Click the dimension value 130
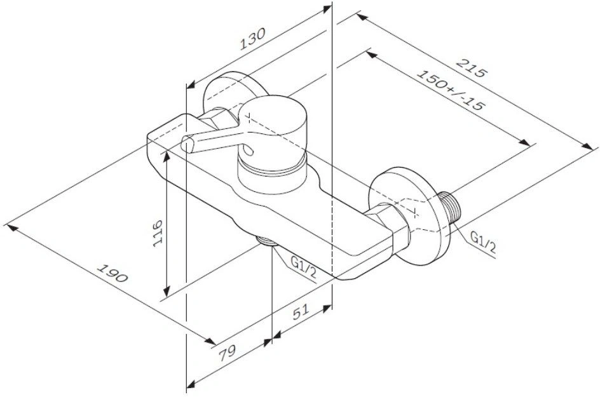tap(252, 39)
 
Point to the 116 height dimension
tap(157, 233)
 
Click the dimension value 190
tap(112, 273)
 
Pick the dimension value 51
tap(301, 313)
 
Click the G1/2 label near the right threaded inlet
tap(482, 243)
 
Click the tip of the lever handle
tap(187, 144)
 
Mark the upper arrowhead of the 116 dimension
tap(167, 156)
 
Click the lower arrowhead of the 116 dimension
tap(167, 292)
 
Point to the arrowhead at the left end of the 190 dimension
tap(11, 226)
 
